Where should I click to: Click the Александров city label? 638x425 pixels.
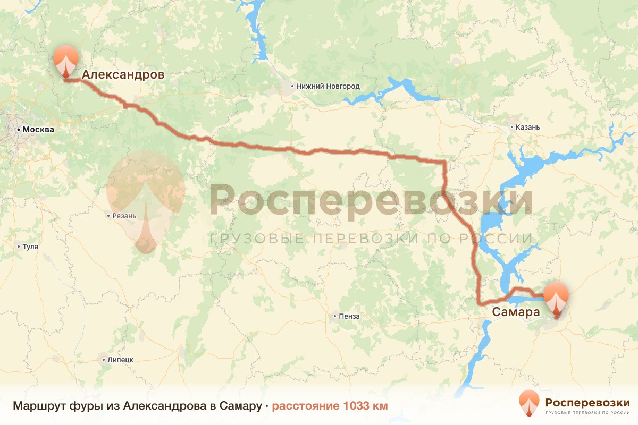coord(122,75)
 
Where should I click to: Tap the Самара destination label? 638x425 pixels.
coord(516,312)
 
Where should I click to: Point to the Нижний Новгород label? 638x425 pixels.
coord(328,86)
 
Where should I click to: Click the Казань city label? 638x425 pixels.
coord(527,127)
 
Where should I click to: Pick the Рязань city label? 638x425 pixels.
coord(124,216)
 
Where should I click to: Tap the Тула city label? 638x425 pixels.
coord(30,246)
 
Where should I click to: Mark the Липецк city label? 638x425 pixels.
coord(120,360)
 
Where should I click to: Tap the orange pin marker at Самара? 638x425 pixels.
coord(556,299)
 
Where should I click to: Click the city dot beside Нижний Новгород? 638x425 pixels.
coord(292,86)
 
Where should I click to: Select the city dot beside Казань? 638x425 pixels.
coord(511,127)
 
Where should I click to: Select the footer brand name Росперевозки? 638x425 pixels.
coord(587,402)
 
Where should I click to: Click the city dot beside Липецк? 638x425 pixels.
coord(103,360)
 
